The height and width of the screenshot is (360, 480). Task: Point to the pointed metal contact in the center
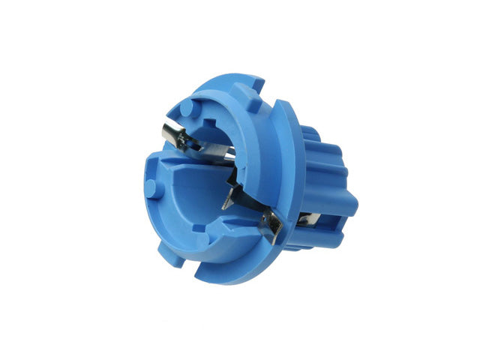(x=231, y=199)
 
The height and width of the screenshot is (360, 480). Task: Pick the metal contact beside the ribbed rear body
(x=308, y=219)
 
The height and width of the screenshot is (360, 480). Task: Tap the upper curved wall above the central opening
(x=225, y=112)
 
